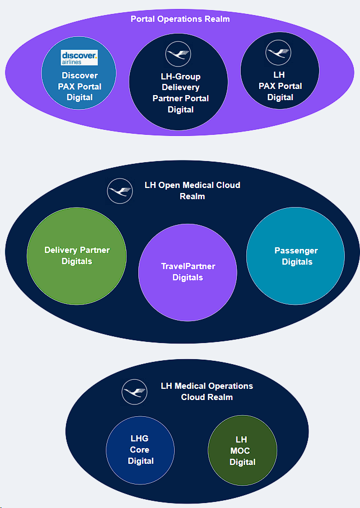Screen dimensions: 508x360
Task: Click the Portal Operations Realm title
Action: pyautogui.click(x=180, y=19)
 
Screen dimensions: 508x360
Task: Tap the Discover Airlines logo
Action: pyautogui.click(x=79, y=58)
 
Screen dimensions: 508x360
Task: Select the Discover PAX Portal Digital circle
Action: pyautogui.click(x=78, y=87)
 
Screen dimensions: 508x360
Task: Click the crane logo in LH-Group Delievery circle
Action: pyautogui.click(x=178, y=55)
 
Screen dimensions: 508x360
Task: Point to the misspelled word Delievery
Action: pyautogui.click(x=180, y=87)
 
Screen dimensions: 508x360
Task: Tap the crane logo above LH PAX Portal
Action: pyautogui.click(x=279, y=53)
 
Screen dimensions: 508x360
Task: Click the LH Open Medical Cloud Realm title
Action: pyautogui.click(x=192, y=191)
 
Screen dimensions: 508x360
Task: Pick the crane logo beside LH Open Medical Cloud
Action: pyautogui.click(x=120, y=191)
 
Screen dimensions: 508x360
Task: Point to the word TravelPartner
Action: pyautogui.click(x=188, y=266)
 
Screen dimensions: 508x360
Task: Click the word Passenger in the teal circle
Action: pyautogui.click(x=296, y=251)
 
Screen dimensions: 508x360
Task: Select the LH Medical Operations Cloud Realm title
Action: pyautogui.click(x=207, y=392)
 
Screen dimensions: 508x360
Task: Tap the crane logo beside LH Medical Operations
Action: pyautogui.click(x=134, y=392)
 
